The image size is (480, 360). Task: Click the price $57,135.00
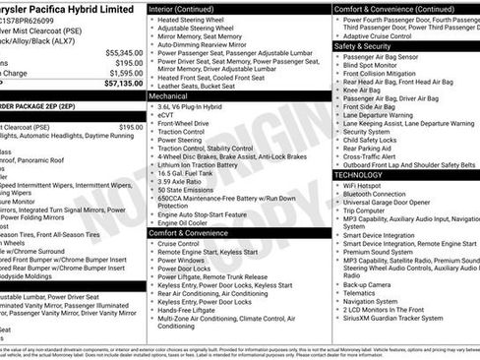click(120, 85)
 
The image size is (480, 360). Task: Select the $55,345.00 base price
click(123, 51)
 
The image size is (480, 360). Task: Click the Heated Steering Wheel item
click(195, 20)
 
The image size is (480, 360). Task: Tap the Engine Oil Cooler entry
click(188, 223)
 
